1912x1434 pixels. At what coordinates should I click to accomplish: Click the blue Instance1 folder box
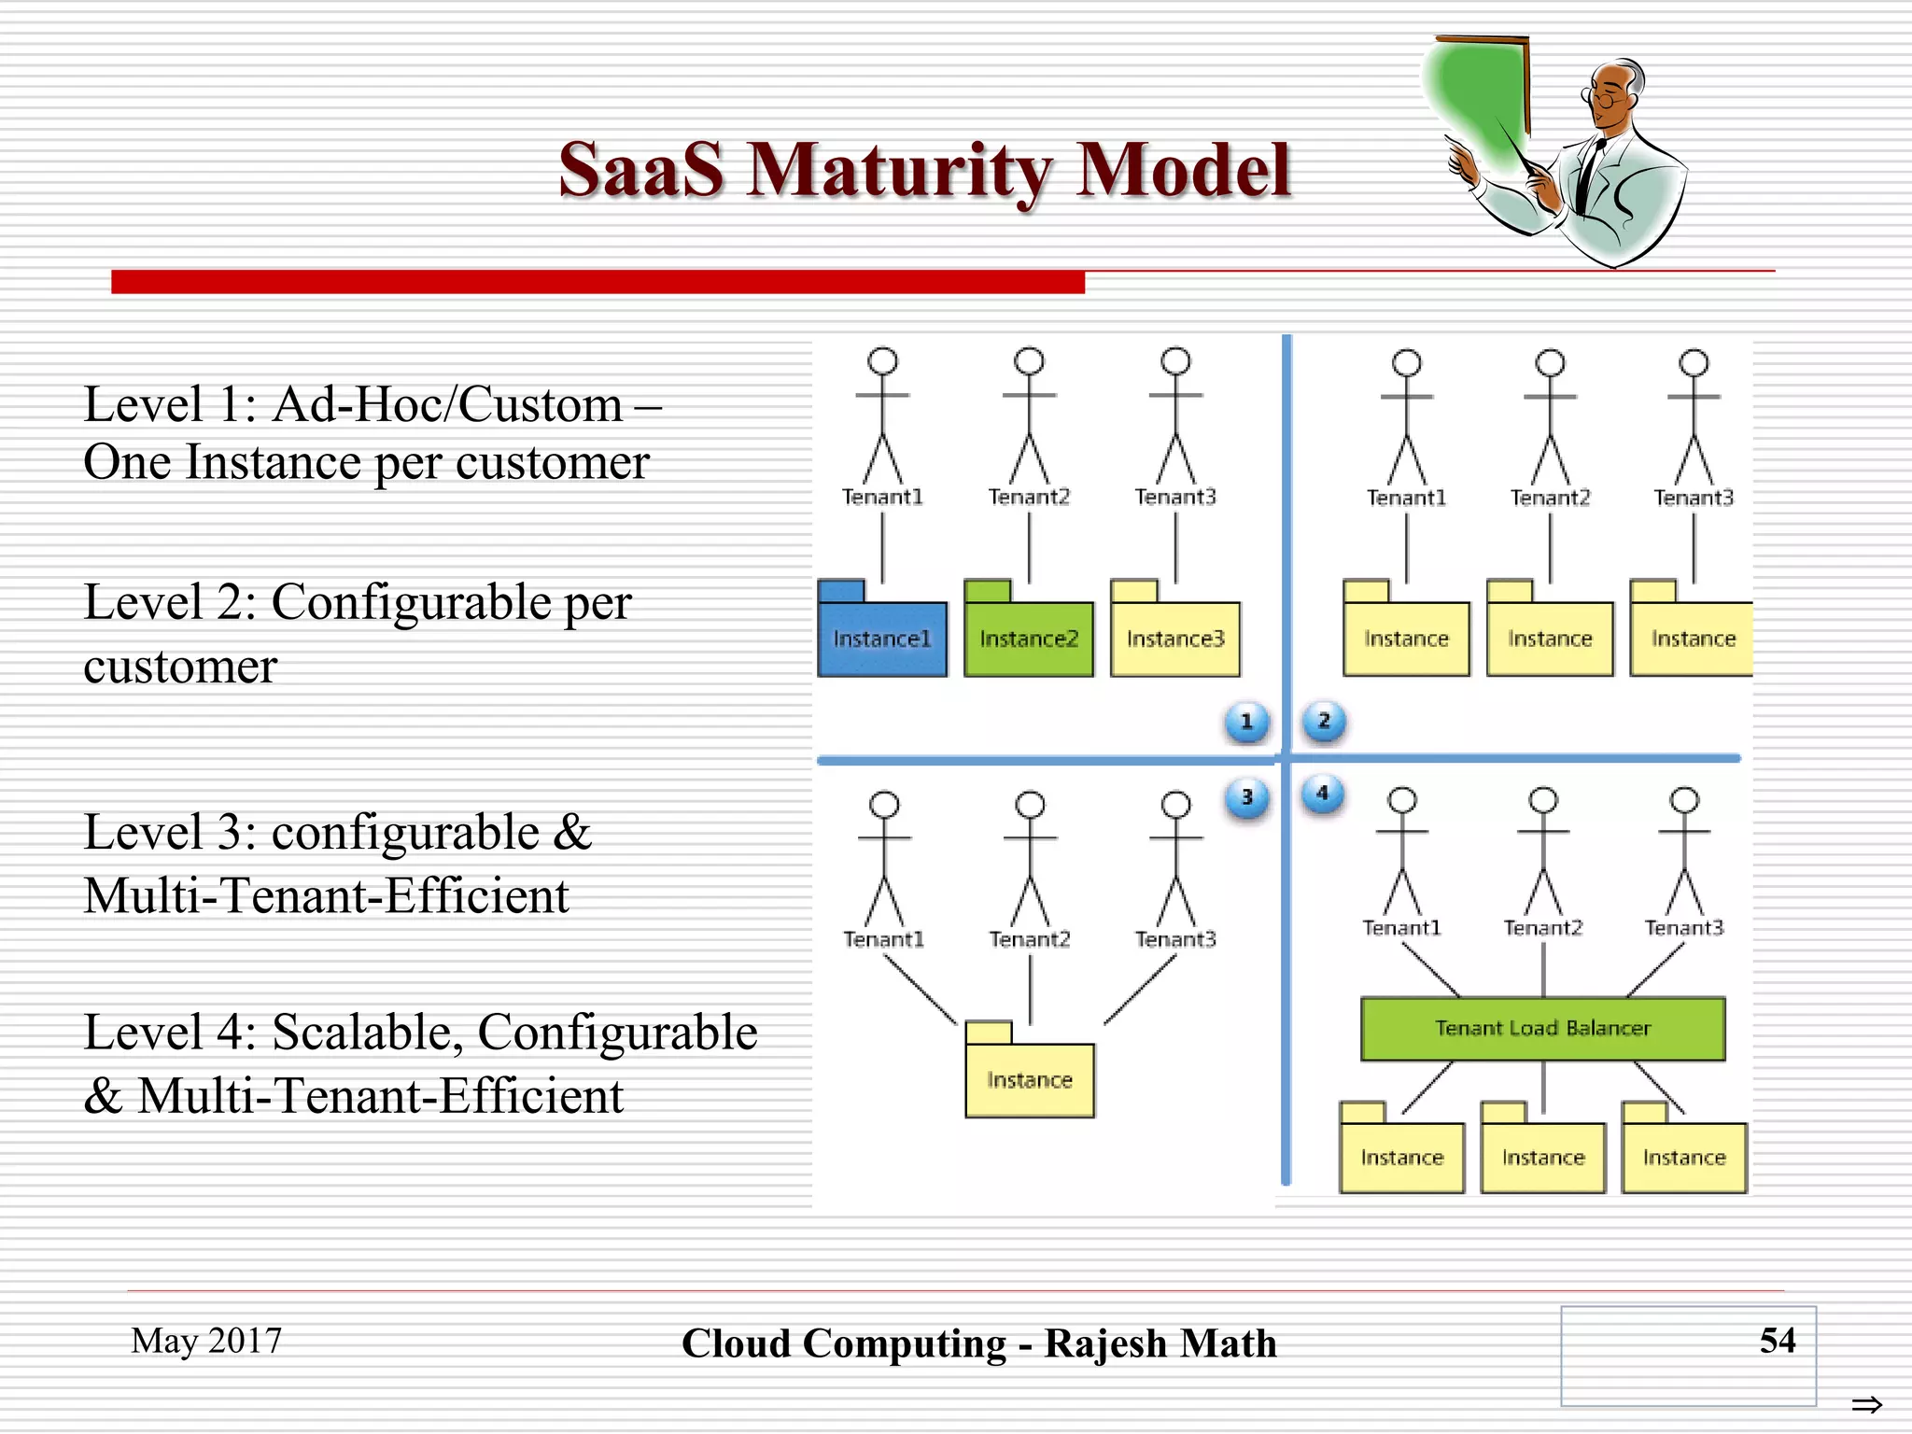point(882,638)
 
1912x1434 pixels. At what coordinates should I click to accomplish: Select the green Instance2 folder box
point(1028,638)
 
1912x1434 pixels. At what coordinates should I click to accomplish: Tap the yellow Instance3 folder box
point(1174,638)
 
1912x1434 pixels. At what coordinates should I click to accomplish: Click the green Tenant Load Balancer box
point(1542,1028)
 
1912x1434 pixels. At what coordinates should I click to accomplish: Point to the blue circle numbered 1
point(1246,722)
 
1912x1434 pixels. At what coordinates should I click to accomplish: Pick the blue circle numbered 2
point(1324,721)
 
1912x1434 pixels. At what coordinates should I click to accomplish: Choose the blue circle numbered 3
point(1246,797)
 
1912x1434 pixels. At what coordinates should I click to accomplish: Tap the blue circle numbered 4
point(1322,794)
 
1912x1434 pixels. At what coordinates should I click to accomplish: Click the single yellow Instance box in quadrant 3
point(1029,1079)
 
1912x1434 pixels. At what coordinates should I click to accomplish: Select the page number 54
point(1777,1341)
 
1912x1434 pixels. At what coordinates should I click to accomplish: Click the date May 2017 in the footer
point(206,1341)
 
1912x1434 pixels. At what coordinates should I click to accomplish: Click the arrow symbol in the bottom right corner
point(1866,1404)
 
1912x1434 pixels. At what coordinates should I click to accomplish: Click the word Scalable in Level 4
point(368,1033)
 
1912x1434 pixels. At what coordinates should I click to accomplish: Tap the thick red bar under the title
point(597,282)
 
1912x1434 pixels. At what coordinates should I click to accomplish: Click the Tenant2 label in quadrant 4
point(1542,928)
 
